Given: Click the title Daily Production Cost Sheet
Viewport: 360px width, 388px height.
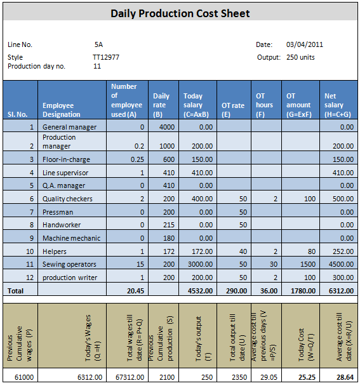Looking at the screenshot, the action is pos(180,13).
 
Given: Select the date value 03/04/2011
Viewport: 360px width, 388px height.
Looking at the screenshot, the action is pos(305,44).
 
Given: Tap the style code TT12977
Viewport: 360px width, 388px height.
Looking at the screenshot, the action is pos(106,57).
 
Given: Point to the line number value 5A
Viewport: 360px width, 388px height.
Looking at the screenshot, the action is pos(98,44).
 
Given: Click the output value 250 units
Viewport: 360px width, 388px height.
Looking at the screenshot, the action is pos(300,57).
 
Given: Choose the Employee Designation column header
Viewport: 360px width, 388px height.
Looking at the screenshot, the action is pos(62,110).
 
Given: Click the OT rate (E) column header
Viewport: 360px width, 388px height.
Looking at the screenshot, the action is pos(233,110).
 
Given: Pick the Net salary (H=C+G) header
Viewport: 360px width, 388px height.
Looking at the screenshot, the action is pos(338,105).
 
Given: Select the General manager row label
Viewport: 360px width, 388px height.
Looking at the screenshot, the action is pos(70,127).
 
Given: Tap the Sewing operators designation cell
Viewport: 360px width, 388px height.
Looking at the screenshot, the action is pos(69,264).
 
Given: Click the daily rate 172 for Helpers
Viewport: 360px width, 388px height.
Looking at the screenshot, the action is pos(169,251).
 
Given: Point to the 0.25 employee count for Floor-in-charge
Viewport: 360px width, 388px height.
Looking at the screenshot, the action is pos(137,159).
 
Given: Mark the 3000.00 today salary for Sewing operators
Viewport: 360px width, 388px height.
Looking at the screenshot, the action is pos(200,264).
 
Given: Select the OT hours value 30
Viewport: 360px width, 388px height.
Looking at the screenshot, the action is pos(274,264).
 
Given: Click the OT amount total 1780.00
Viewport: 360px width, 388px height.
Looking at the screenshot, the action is pos(303,291).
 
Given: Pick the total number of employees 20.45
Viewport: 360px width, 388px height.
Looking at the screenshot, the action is pos(136,291).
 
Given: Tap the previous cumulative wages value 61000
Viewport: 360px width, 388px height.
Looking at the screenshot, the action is pos(24,377).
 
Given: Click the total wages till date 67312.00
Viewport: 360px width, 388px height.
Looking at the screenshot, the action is pos(130,377).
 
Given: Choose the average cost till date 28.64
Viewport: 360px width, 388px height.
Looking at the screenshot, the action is pos(345,377).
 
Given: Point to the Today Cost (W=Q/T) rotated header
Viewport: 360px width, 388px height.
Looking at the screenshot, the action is pos(305,344).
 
